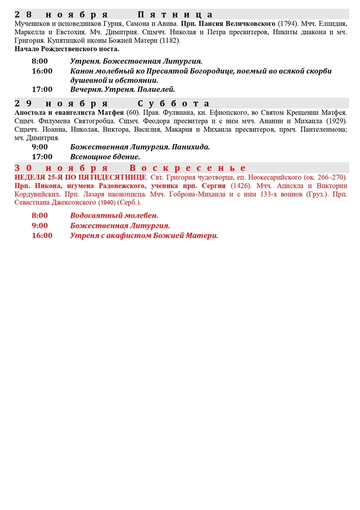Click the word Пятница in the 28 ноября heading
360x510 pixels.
(x=175, y=14)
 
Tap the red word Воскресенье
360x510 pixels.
(x=188, y=167)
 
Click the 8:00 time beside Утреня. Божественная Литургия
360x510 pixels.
(x=40, y=61)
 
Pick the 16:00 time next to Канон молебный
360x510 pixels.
(x=42, y=71)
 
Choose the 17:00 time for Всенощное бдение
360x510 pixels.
(x=42, y=157)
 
